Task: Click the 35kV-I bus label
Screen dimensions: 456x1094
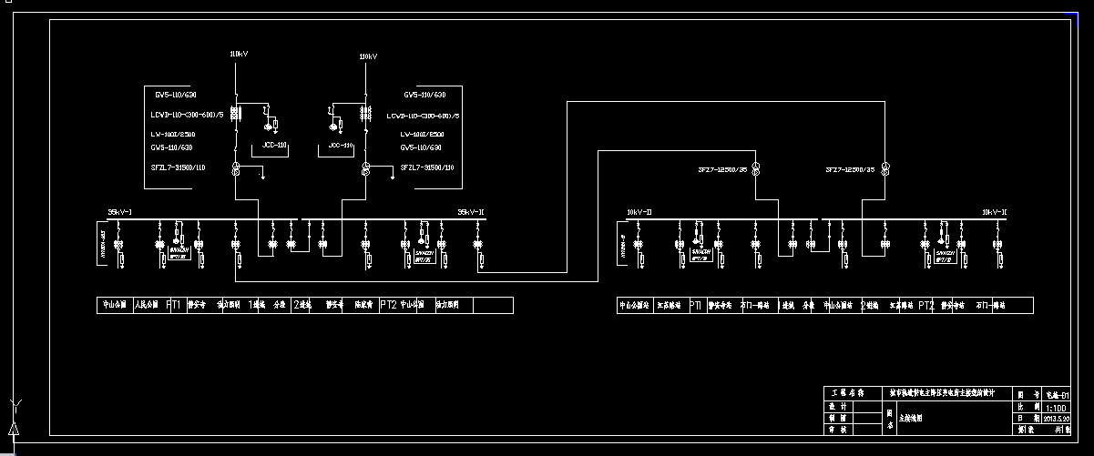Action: pyautogui.click(x=120, y=212)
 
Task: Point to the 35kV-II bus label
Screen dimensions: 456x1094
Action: pyautogui.click(x=470, y=212)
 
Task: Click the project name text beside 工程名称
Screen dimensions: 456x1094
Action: pyautogui.click(x=947, y=393)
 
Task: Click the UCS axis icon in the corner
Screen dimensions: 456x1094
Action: pyautogui.click(x=14, y=421)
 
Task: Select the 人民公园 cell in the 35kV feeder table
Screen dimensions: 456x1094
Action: pyautogui.click(x=147, y=305)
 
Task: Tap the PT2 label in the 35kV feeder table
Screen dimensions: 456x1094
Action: pyautogui.click(x=388, y=305)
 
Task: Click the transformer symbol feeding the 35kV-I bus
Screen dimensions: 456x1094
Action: pyautogui.click(x=236, y=169)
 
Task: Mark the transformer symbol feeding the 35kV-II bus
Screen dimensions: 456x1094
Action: pyautogui.click(x=365, y=169)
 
